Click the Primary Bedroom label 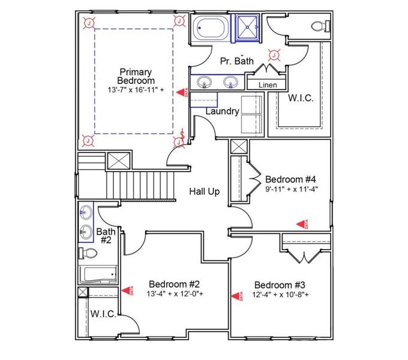tap(136, 76)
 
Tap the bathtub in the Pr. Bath tap(210, 28)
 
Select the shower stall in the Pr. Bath tap(248, 28)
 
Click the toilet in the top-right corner tap(320, 26)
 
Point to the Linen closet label tap(268, 85)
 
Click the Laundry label tap(222, 111)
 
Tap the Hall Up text tap(205, 191)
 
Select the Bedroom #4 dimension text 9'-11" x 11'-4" tap(291, 189)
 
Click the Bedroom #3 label tap(280, 285)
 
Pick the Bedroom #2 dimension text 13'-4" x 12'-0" tap(174, 294)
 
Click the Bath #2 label tap(106, 235)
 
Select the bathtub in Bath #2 tap(98, 275)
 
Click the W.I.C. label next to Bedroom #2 tap(103, 313)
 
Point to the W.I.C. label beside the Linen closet tap(301, 98)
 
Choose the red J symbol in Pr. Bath tap(274, 56)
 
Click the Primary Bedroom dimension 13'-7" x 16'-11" tap(136, 90)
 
